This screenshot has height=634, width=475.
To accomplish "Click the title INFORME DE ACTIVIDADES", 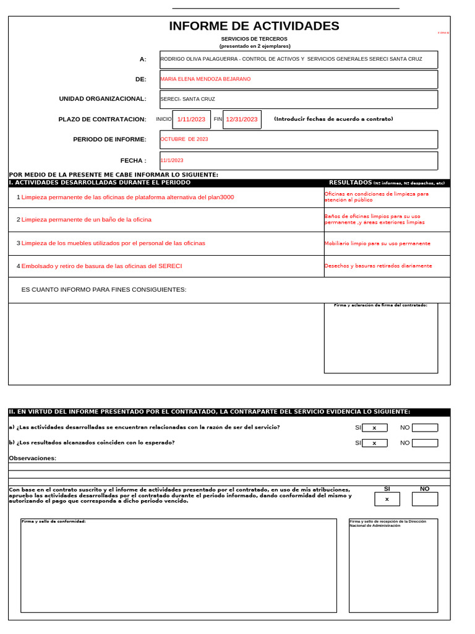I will click(254, 26).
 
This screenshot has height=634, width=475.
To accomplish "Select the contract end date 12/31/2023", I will click(242, 119).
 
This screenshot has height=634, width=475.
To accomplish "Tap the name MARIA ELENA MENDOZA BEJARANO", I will click(206, 79).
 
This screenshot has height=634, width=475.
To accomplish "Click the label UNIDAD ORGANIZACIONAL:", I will click(103, 98).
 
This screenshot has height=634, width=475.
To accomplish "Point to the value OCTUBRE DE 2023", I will click(184, 139).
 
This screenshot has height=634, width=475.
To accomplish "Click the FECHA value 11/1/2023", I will click(172, 160).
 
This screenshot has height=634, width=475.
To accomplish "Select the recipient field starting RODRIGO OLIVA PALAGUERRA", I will click(291, 59).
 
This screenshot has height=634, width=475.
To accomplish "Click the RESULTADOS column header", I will click(350, 183).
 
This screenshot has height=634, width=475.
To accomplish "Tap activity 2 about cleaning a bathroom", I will click(86, 220).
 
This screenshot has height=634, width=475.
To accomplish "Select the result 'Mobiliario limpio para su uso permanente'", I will click(377, 244).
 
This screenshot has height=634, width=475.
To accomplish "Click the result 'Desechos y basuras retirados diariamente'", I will click(378, 266).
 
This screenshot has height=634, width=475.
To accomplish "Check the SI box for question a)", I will click(375, 428).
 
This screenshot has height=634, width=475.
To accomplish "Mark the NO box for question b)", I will click(425, 443).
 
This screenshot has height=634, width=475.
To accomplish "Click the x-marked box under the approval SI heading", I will click(387, 499).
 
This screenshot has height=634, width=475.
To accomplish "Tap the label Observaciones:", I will click(32, 458).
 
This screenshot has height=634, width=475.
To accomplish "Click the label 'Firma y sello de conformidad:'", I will click(54, 521).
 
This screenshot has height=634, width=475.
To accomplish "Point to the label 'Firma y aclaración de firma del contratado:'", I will click(380, 305).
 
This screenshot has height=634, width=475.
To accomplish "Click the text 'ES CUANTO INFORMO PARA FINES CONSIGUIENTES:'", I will click(104, 290).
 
